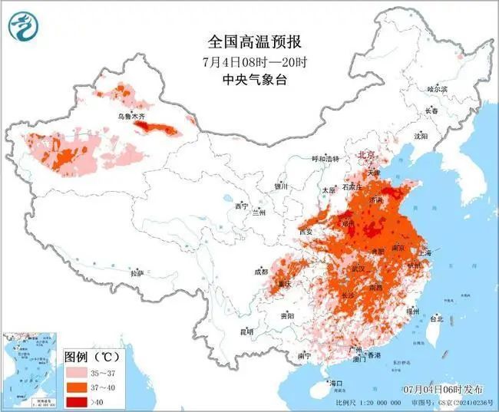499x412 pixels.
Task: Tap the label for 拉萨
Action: (x=137, y=272)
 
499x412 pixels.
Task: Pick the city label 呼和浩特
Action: (x=325, y=159)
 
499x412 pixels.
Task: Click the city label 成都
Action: (x=260, y=272)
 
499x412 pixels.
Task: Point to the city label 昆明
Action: (x=246, y=331)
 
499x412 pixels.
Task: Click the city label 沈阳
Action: (x=420, y=136)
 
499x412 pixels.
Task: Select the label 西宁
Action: (x=242, y=206)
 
